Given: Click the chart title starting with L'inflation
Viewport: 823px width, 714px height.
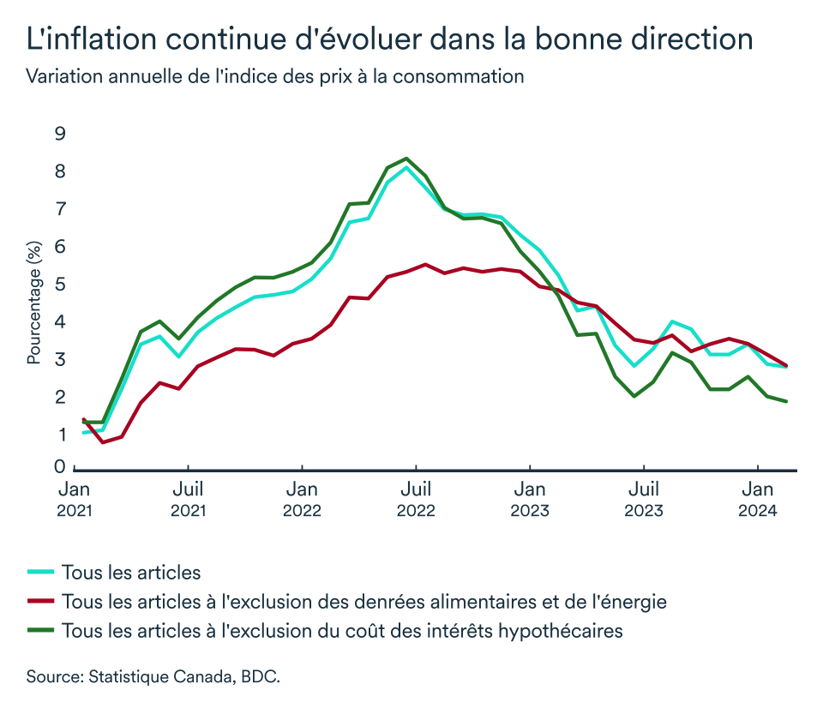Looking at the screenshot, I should pos(390,39).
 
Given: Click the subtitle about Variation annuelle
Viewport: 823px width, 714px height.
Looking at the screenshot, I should pos(274,76).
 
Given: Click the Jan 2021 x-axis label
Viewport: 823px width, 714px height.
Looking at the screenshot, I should pos(75,500).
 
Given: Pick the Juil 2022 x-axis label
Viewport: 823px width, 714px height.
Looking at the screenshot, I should pos(416,500).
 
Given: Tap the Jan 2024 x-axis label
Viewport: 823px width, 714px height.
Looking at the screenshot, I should pos(758,500).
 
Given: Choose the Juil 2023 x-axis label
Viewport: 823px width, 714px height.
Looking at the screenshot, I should pos(644,500).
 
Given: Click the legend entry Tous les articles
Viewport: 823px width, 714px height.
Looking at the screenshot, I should pos(131,572).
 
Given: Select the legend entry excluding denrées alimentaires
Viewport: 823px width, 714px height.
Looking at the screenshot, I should pos(364,601).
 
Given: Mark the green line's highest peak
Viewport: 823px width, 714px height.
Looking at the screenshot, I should pos(406,159).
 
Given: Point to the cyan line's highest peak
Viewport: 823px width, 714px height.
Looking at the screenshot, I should pos(406,167).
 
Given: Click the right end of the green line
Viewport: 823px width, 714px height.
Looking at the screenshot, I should pos(786,401).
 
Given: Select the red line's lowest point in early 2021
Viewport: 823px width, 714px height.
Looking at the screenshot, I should pos(103,442).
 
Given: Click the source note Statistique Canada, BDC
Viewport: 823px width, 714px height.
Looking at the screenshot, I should pos(153,676).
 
